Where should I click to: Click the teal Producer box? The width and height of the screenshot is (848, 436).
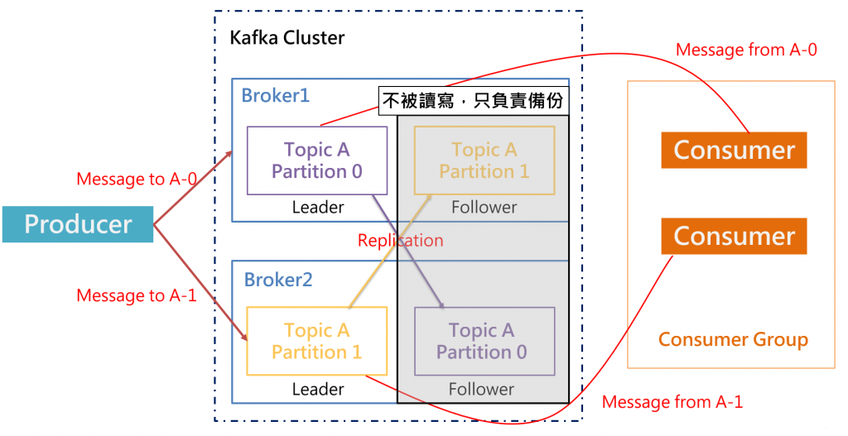(78, 224)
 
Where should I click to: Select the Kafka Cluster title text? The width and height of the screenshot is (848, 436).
(287, 38)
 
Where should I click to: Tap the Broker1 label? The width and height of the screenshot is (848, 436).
(275, 95)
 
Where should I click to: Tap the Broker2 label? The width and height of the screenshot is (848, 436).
(278, 280)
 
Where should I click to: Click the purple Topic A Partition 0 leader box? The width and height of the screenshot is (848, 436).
(317, 161)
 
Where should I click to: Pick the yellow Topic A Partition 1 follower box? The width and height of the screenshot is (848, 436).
(484, 161)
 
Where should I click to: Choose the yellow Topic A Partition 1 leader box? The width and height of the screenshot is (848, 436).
(316, 341)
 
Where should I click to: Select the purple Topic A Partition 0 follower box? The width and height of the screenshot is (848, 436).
(484, 342)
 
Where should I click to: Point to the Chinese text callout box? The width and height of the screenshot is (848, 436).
(475, 101)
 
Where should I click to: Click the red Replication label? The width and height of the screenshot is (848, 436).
(400, 241)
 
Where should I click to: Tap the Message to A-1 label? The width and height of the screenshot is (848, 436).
(136, 295)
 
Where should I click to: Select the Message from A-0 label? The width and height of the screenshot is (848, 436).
(746, 50)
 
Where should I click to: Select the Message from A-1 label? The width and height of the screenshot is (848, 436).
(672, 402)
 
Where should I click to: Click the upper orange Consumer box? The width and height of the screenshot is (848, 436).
(734, 150)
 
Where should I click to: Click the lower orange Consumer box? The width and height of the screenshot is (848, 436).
(734, 236)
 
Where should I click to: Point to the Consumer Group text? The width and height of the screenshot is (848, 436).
(733, 339)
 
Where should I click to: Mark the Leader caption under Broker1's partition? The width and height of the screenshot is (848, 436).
(318, 208)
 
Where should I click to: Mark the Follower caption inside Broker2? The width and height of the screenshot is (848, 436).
(481, 389)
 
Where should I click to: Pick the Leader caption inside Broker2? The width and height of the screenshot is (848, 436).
(318, 389)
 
